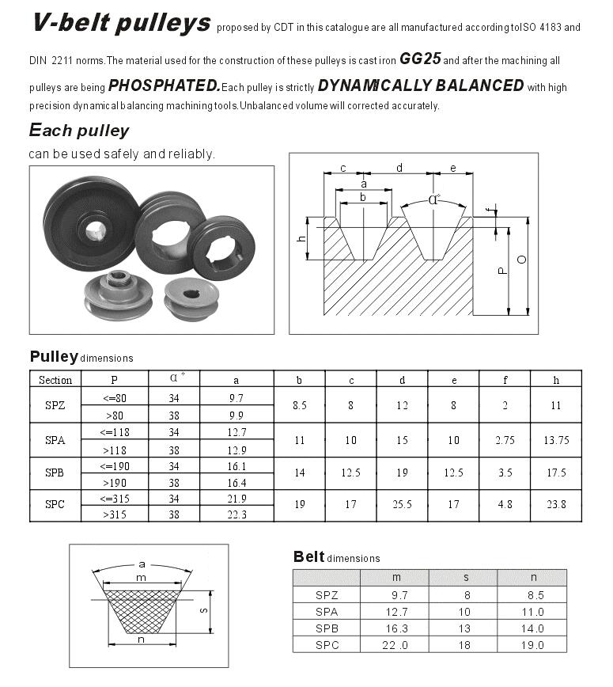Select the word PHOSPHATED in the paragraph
tap(164, 85)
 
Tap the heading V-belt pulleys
tap(121, 23)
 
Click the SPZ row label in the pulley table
tap(55, 404)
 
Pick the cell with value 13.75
tap(556, 440)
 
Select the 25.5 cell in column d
tap(402, 504)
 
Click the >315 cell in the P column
tap(114, 514)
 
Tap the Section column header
tap(55, 380)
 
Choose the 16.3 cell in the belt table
tap(394, 628)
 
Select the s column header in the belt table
tap(464, 578)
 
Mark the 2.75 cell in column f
tap(505, 440)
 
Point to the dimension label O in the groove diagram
tap(522, 260)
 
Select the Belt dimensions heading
tap(336, 557)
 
